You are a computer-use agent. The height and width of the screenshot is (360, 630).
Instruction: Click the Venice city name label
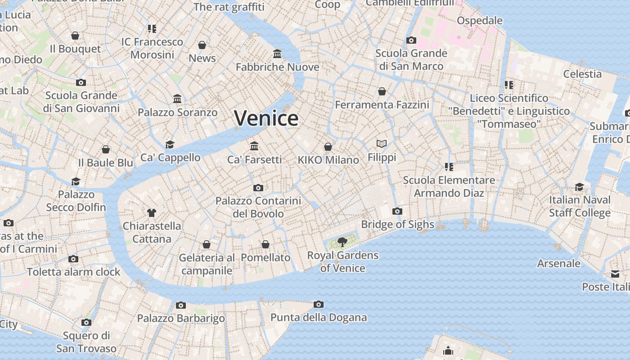click(x=266, y=118)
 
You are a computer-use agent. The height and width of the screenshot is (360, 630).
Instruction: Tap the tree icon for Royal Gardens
click(x=342, y=242)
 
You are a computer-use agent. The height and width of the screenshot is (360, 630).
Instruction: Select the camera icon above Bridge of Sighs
click(x=397, y=211)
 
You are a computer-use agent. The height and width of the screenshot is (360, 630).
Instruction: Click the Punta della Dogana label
click(x=318, y=317)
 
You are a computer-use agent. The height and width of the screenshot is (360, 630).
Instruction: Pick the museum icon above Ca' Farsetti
click(x=254, y=146)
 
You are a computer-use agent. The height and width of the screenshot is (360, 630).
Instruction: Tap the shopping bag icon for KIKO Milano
click(x=328, y=147)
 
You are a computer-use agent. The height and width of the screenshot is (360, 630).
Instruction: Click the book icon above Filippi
click(x=382, y=144)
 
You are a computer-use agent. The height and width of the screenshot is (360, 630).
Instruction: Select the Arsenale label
click(x=558, y=263)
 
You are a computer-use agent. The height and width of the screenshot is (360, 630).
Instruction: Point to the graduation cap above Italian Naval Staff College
click(x=579, y=186)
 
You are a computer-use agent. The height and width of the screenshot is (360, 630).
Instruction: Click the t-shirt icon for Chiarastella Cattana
click(x=152, y=212)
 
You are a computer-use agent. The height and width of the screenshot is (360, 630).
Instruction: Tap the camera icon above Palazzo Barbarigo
click(x=180, y=305)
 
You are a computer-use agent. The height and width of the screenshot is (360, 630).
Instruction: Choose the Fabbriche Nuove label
click(x=277, y=67)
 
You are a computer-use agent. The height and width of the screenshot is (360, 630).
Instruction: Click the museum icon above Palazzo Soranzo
click(x=177, y=99)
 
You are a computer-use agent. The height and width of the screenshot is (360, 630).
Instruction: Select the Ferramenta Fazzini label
click(x=382, y=105)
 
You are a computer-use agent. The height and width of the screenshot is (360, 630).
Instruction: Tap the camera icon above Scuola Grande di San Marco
click(x=411, y=40)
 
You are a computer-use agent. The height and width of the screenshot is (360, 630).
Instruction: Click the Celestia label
click(x=582, y=74)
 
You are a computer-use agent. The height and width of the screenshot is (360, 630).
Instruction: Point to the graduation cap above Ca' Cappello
click(x=170, y=144)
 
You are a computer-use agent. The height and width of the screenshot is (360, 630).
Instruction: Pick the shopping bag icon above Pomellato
click(x=265, y=244)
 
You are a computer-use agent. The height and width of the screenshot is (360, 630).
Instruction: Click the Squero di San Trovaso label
click(x=86, y=342)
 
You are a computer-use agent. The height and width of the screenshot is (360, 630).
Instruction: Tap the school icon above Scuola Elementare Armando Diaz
click(x=449, y=167)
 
